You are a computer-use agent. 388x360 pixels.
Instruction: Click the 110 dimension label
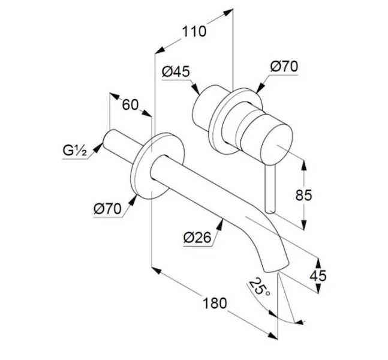click(194, 31)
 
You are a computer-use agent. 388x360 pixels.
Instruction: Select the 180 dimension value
click(215, 303)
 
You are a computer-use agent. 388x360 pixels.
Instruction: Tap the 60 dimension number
click(130, 104)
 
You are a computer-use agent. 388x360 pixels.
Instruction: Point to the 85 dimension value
click(304, 195)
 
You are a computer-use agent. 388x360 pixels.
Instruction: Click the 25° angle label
click(259, 287)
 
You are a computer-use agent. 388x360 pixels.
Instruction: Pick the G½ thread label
click(74, 150)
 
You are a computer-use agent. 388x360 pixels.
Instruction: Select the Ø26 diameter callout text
click(197, 238)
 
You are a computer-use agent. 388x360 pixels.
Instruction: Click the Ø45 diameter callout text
click(176, 71)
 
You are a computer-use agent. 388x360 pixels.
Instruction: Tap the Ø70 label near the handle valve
click(284, 67)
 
